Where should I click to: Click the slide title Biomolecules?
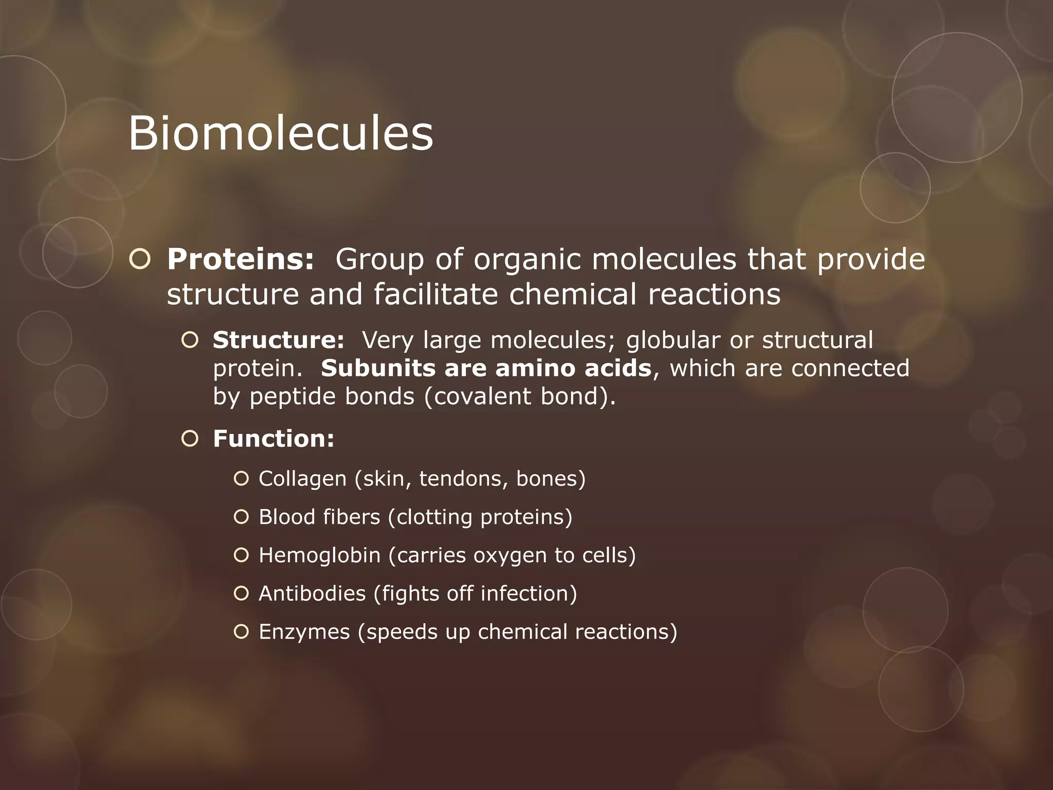click(280, 133)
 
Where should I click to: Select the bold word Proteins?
click(240, 259)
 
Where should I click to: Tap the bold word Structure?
click(278, 340)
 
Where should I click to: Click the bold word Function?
click(274, 439)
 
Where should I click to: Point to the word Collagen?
click(302, 479)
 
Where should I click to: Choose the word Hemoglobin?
click(319, 555)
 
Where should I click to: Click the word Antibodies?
click(312, 594)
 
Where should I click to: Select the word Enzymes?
click(304, 632)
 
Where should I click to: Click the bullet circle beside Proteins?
click(140, 260)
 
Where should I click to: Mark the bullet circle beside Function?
click(190, 439)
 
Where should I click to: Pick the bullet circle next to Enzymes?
click(241, 632)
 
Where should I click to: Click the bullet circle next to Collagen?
click(241, 479)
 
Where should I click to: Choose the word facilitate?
click(435, 295)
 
